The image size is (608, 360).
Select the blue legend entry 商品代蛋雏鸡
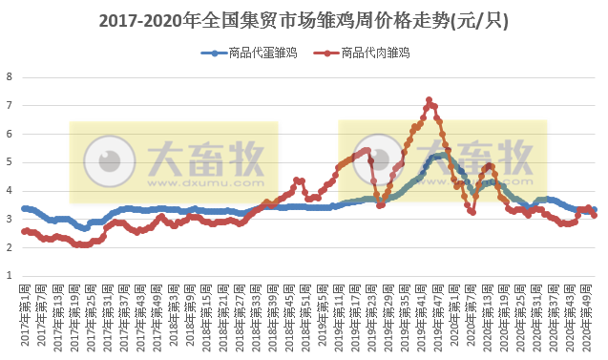tap(249, 53)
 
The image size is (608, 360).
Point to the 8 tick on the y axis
tap(10, 77)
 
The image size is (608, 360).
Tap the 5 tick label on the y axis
tap(10, 162)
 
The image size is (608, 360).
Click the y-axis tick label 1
tap(10, 276)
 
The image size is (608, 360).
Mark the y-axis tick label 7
tap(10, 106)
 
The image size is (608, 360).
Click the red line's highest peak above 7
tap(429, 99)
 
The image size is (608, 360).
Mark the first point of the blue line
tap(24, 208)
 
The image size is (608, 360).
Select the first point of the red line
tap(24, 230)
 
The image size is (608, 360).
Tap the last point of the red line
tap(595, 215)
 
